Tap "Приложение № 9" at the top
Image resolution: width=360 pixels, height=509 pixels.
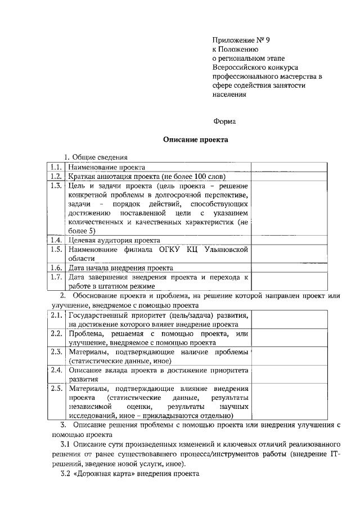tap(238, 40)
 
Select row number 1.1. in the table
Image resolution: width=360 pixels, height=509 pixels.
tap(55, 167)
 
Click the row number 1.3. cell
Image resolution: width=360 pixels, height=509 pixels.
tap(55, 185)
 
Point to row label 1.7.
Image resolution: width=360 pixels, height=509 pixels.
tap(55, 277)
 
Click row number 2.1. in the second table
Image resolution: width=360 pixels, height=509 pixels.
tap(55, 315)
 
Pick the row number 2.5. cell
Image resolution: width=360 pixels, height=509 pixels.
tap(55, 388)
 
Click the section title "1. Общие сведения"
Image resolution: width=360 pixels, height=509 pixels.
tap(96, 157)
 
